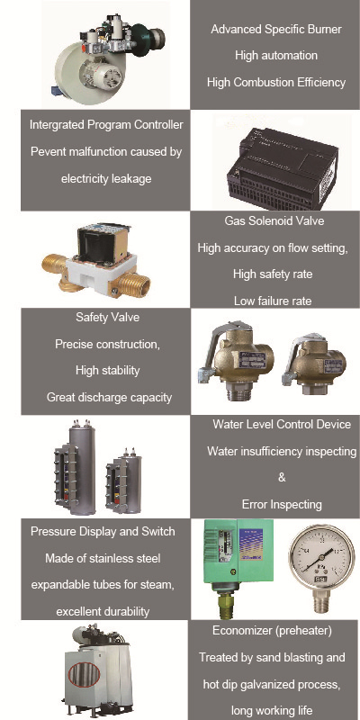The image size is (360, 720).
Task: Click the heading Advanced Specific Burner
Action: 276,30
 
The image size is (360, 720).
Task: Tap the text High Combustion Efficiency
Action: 276,83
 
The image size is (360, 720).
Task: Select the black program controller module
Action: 283,168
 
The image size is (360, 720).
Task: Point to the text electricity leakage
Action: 106,178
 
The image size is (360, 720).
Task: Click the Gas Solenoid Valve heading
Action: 274,220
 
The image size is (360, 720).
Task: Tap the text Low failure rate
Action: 273,301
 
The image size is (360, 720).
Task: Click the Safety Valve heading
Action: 107,318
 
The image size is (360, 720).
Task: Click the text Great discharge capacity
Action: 109,397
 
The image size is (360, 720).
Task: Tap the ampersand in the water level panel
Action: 282,478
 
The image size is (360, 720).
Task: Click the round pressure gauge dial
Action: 321,553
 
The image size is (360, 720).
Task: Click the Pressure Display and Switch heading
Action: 103,532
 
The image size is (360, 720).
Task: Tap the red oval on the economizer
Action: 84,674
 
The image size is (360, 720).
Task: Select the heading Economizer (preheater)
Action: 272,631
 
